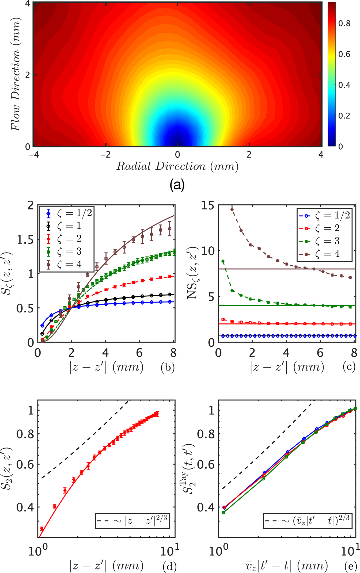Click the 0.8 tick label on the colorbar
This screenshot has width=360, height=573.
point(344,24)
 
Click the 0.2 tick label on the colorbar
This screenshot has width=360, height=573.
point(344,116)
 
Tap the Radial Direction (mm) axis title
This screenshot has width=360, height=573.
point(177,166)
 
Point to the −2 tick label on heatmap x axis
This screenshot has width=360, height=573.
point(106,155)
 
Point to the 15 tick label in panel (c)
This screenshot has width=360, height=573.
point(208,206)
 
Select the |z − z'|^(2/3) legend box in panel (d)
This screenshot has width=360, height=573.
point(132,521)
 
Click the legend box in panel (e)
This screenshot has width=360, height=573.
point(307,521)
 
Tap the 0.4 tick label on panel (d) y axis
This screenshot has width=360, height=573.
point(25,507)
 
